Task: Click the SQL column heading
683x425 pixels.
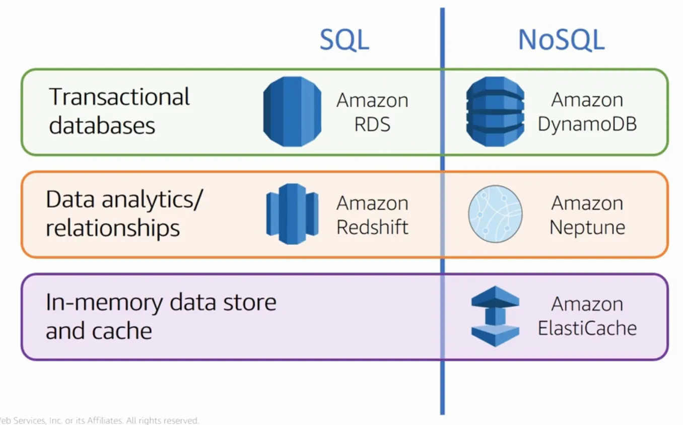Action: tap(345, 40)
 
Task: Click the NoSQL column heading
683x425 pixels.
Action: tap(561, 40)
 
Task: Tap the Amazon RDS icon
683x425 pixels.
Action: tap(292, 111)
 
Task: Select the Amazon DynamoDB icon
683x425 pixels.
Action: tap(495, 111)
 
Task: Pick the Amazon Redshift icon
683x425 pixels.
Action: tap(292, 214)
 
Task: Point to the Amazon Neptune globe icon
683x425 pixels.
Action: tap(495, 214)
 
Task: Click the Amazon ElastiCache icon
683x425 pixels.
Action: tap(495, 317)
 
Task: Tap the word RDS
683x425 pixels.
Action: tap(372, 124)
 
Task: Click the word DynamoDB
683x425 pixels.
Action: tap(587, 124)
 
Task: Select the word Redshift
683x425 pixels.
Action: tap(372, 227)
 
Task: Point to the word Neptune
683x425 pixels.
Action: tap(587, 227)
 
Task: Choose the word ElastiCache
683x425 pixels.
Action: tap(587, 328)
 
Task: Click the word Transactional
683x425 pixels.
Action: tap(119, 96)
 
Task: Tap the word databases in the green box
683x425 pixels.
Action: tap(102, 125)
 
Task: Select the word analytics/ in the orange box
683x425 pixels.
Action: tap(152, 200)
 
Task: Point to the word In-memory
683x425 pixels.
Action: tap(104, 303)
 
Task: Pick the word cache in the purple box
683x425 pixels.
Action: tap(122, 331)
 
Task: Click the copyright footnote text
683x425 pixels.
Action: tap(99, 420)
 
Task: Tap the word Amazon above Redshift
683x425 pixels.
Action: tap(372, 203)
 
